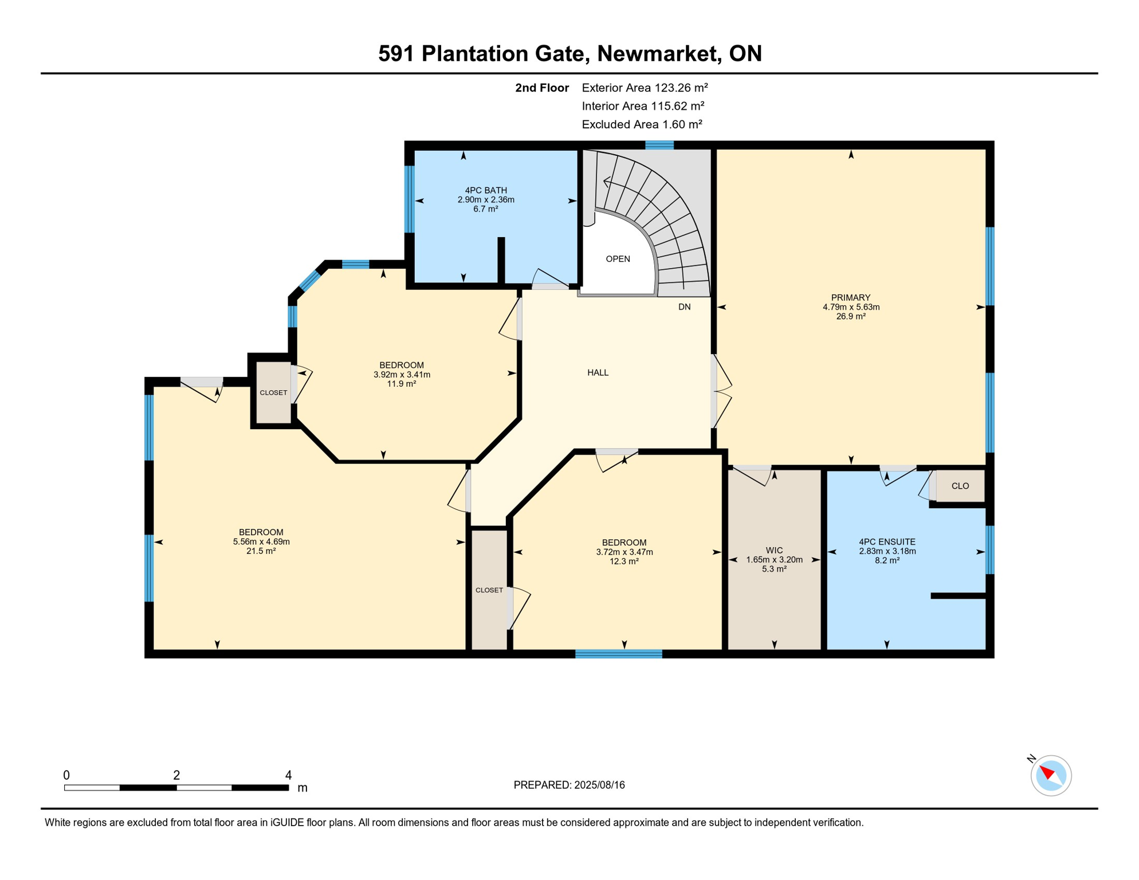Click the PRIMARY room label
pos(850,297)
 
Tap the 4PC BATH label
pos(485,190)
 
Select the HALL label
pos(598,372)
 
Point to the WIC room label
pos(773,550)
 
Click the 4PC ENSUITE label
pos(886,541)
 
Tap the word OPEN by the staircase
pos(618,259)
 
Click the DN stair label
pos(684,307)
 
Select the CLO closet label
pos(960,486)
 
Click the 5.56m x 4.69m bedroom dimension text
pos(261,541)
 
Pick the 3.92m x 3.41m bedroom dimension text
pos(402,375)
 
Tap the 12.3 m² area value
pos(624,561)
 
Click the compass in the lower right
pos(1050,775)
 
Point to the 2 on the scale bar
pos(176,775)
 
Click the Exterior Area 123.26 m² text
pos(645,88)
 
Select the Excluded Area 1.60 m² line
pos(642,124)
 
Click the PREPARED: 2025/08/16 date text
pos(569,785)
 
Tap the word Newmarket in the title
pos(659,53)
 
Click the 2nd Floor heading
pos(541,88)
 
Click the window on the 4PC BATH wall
pos(409,199)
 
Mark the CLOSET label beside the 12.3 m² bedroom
pos(489,590)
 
